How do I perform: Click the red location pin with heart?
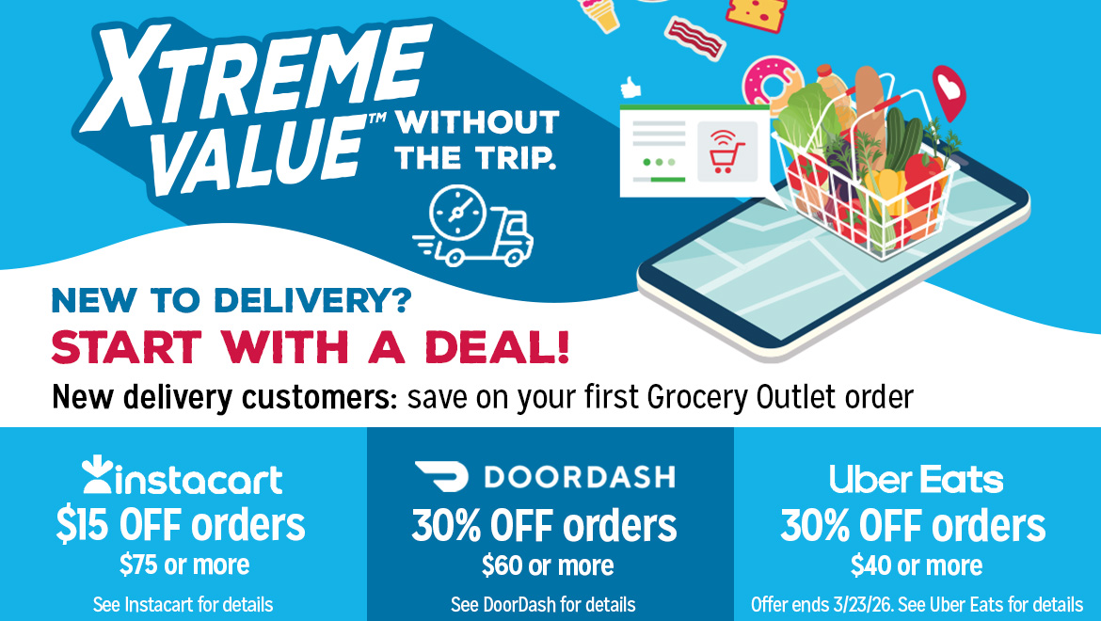tap(949, 92)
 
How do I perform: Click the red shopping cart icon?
tap(726, 152)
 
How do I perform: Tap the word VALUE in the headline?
tap(259, 151)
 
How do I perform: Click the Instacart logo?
tap(183, 477)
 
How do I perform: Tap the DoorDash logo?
tap(545, 477)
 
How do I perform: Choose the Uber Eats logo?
tap(916, 480)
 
